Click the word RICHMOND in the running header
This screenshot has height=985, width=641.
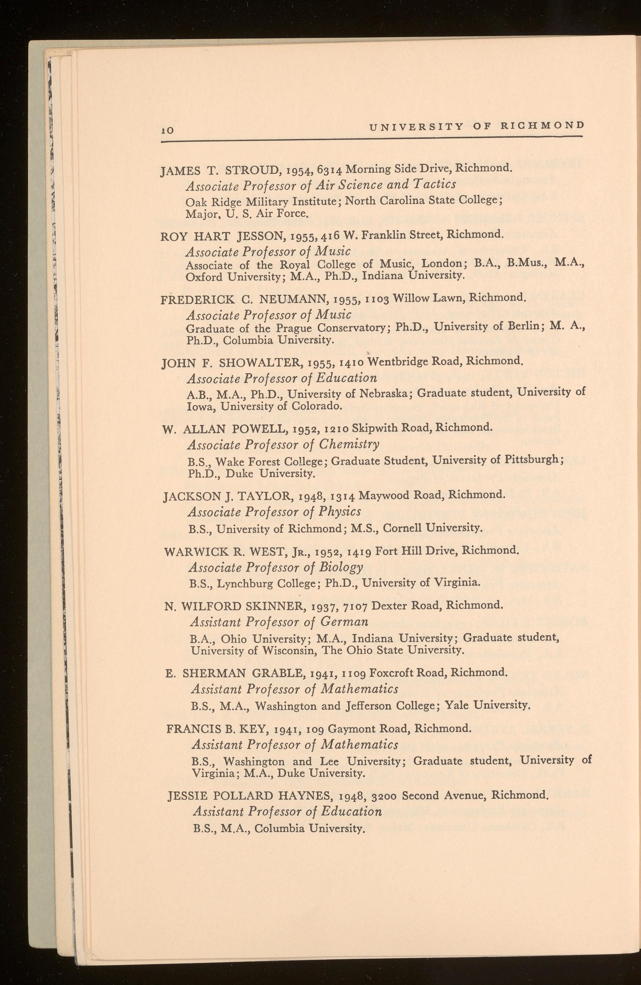click(x=542, y=125)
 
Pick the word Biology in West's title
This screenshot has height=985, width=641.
click(x=342, y=567)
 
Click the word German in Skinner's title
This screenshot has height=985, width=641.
click(x=344, y=622)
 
